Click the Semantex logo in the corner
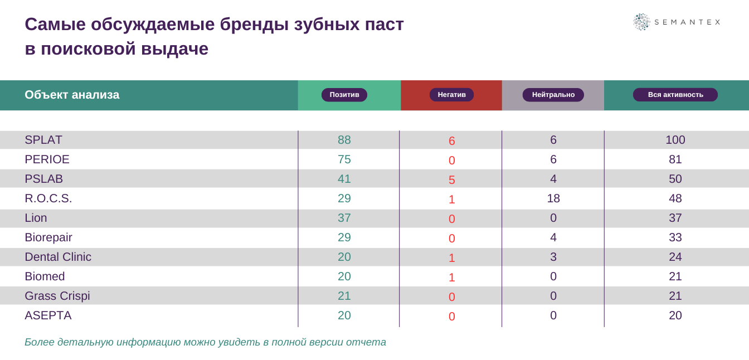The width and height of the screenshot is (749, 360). tap(676, 22)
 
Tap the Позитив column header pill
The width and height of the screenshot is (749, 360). tap(344, 95)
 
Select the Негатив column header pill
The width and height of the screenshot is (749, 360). tap(451, 95)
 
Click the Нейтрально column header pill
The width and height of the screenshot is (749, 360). tap(553, 95)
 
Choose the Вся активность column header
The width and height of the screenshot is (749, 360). tap(675, 95)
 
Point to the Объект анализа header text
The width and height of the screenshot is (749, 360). tap(72, 95)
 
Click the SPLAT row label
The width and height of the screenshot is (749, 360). tap(43, 140)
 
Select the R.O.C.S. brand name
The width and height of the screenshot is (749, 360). tap(48, 198)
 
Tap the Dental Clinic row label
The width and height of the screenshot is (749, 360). tap(58, 257)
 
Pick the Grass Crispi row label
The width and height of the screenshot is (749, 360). tap(57, 296)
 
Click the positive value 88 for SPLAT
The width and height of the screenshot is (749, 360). tap(344, 140)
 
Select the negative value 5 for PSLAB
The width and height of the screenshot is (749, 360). tap(452, 180)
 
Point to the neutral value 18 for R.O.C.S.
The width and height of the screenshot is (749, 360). tap(553, 198)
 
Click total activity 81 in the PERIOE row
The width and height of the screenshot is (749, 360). tap(675, 159)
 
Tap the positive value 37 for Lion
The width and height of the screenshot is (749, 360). tap(344, 218)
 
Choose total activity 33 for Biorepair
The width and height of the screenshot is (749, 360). tap(675, 237)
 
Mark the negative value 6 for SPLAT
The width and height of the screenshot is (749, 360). tap(452, 141)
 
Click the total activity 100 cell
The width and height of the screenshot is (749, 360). tap(675, 140)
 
